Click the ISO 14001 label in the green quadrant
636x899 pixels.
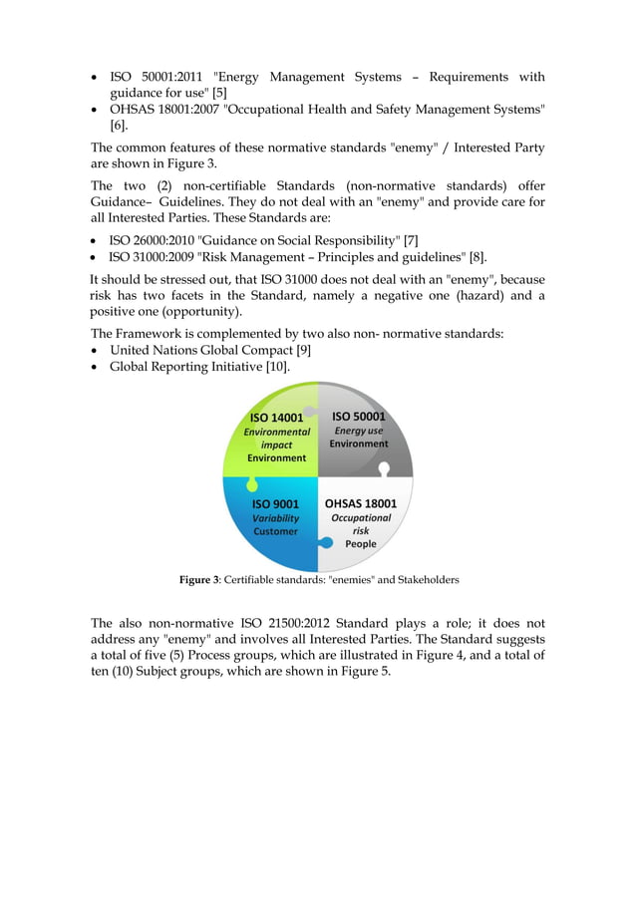pyautogui.click(x=276, y=418)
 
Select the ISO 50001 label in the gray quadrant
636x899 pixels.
pyautogui.click(x=359, y=417)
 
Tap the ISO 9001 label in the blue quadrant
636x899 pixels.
pyautogui.click(x=275, y=504)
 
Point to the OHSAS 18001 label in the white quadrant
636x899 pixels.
pyautogui.click(x=361, y=503)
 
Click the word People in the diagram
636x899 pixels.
pyautogui.click(x=361, y=544)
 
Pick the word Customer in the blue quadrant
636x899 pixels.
pyautogui.click(x=275, y=531)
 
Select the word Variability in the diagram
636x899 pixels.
pyautogui.click(x=275, y=518)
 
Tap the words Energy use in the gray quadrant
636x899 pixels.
pyautogui.click(x=359, y=431)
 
